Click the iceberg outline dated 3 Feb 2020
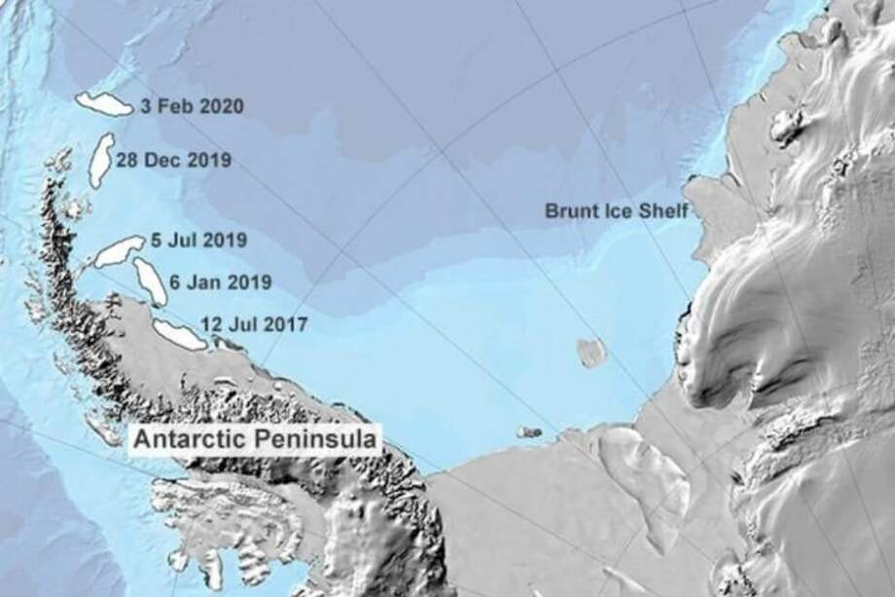click(103, 104)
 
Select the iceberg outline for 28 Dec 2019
click(99, 161)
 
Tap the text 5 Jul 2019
click(198, 240)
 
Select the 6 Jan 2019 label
click(219, 282)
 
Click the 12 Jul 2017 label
click(253, 323)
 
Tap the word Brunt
click(568, 210)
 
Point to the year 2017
click(288, 323)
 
